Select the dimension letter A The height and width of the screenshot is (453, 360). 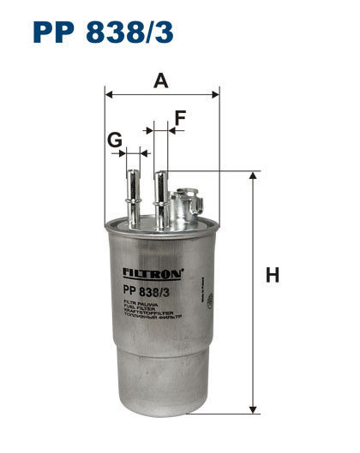coord(160,81)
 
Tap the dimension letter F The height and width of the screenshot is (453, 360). coord(180,118)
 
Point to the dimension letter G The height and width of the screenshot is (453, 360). coord(114,139)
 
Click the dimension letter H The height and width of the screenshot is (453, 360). coord(273,276)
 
